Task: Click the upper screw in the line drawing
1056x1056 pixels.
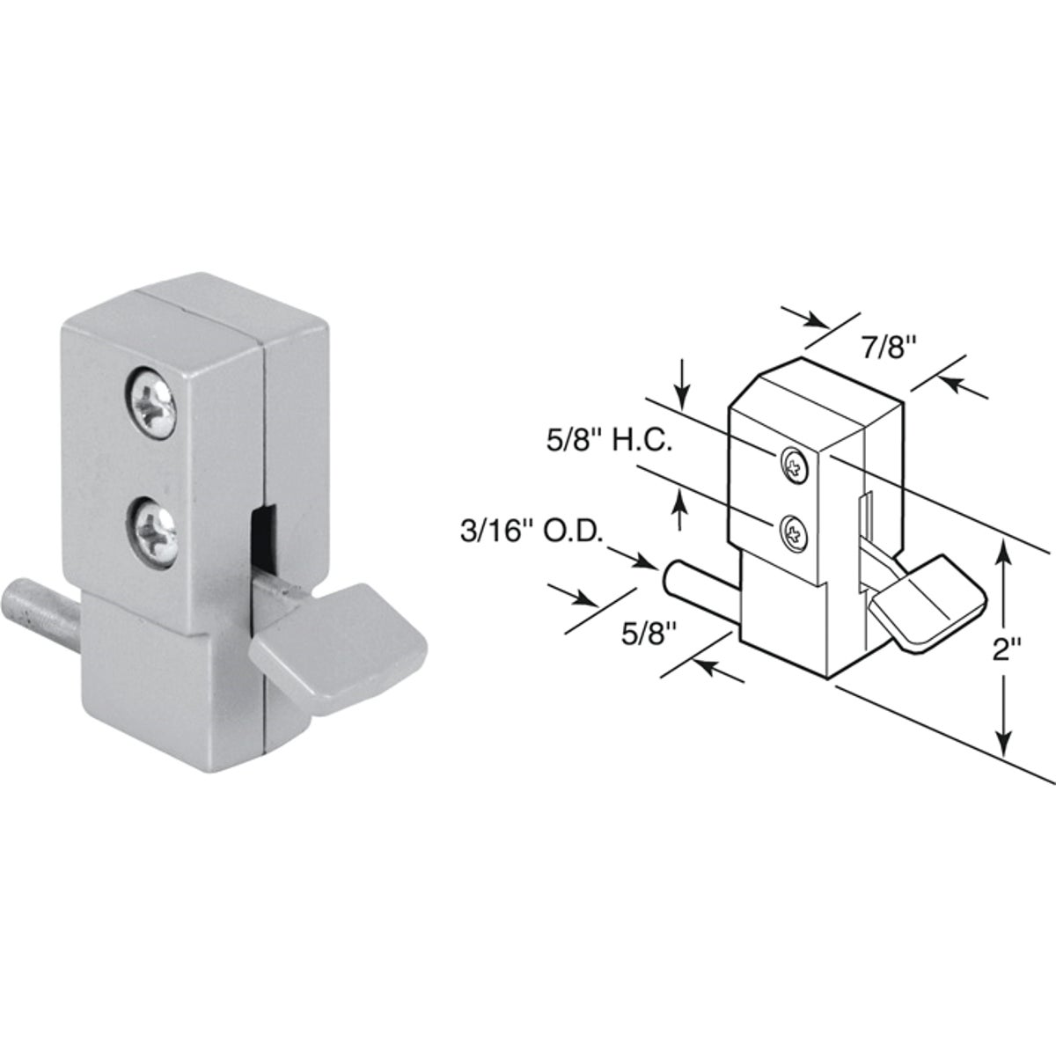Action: pos(794,464)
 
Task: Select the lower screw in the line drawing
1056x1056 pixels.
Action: pos(794,531)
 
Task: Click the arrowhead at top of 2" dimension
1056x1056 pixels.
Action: pos(1005,553)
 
